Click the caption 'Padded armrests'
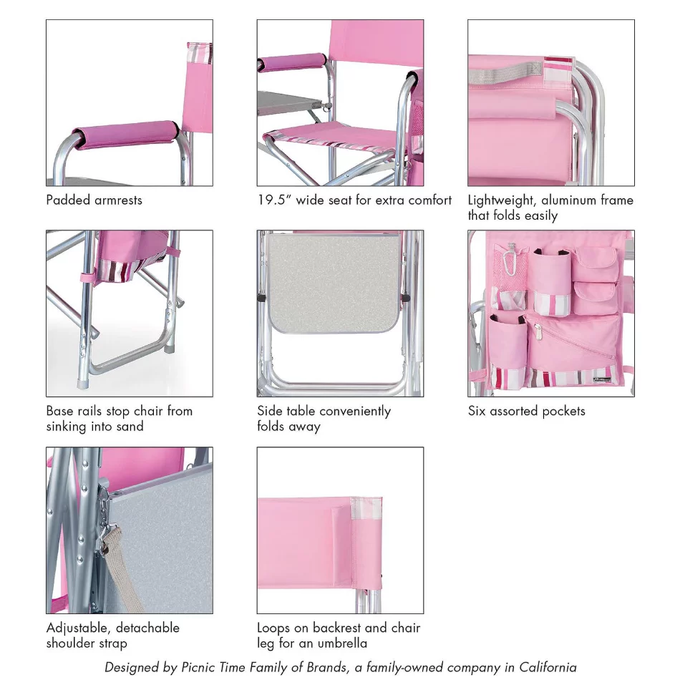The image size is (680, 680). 94,200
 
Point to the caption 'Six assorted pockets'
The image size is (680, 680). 527,411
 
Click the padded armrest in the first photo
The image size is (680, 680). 126,134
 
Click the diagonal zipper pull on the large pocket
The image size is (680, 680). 538,331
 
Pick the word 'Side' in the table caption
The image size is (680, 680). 270,411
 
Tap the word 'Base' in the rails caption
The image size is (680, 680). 60,411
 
